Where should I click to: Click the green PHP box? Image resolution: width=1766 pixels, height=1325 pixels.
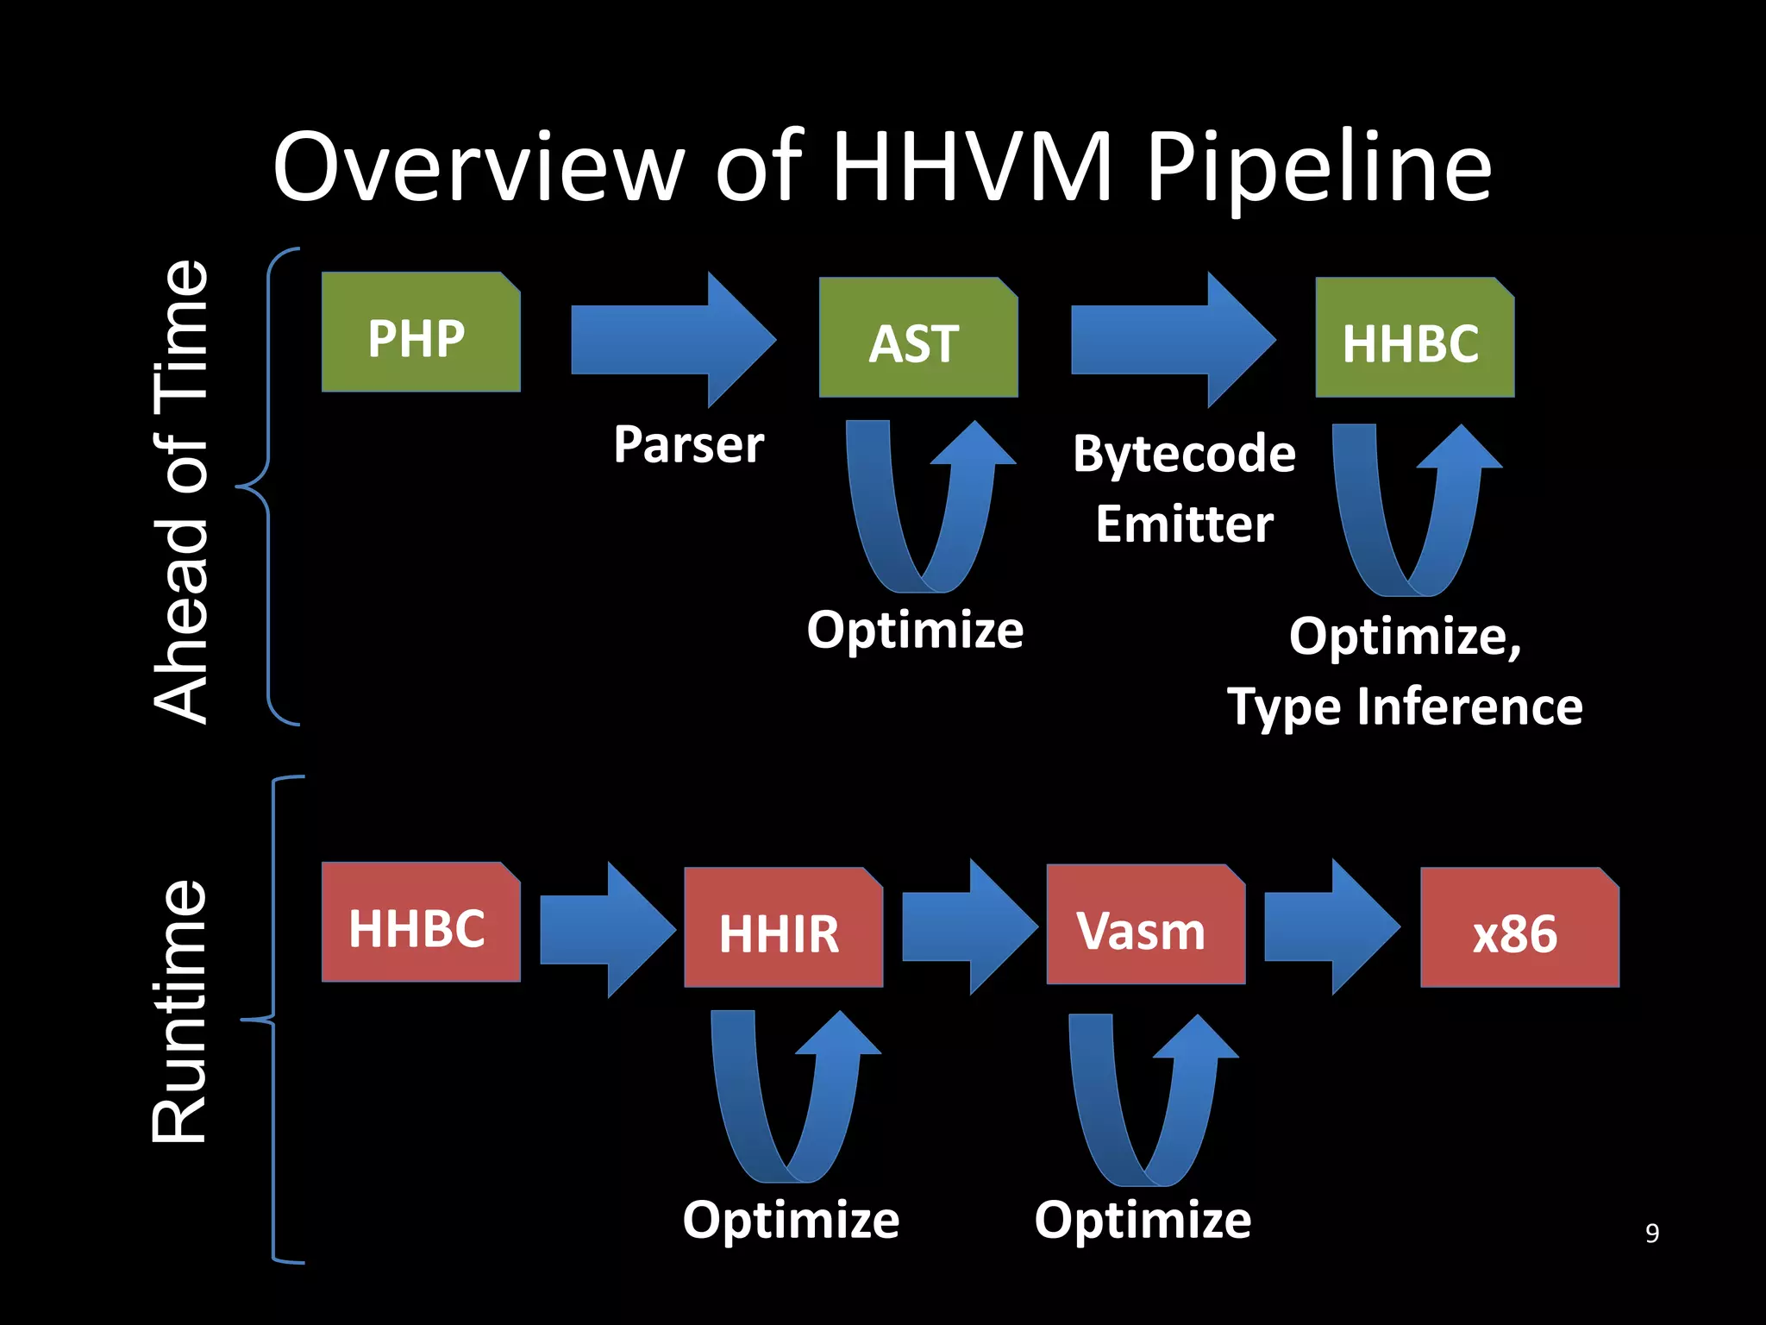click(421, 333)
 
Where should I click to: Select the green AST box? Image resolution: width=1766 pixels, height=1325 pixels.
click(917, 338)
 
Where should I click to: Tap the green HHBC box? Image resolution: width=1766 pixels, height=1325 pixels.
click(1414, 338)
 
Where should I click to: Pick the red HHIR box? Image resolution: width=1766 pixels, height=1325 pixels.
click(783, 928)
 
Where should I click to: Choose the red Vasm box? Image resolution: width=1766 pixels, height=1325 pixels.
click(1145, 925)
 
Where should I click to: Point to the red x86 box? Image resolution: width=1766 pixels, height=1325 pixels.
click(1519, 928)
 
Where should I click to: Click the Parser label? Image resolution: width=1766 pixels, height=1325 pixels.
click(689, 445)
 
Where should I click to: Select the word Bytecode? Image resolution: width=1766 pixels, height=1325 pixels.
click(1184, 455)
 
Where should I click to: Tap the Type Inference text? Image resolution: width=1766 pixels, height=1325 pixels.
click(1405, 707)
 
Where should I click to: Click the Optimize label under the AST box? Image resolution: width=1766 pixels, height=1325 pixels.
click(915, 630)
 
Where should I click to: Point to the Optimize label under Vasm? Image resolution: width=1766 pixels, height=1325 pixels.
click(1143, 1220)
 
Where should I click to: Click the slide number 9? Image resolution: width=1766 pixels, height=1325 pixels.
click(1651, 1233)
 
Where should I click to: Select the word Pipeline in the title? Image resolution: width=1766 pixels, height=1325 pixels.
click(1318, 169)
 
